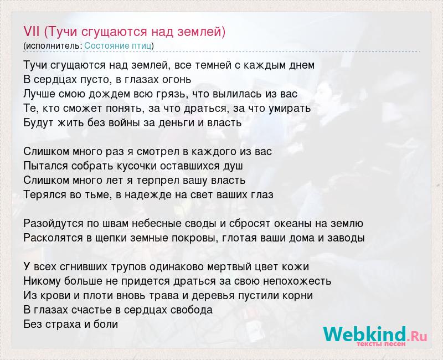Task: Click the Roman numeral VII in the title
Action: click(x=32, y=32)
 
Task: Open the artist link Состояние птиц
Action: click(x=118, y=46)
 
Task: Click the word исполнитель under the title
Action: click(x=53, y=46)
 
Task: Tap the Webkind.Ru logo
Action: click(x=375, y=335)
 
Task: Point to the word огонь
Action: click(x=177, y=80)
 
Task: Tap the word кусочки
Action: click(x=137, y=166)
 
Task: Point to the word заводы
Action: click(x=346, y=238)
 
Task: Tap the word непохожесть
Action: click(x=297, y=281)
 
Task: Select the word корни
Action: click(x=297, y=296)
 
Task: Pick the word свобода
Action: click(x=192, y=310)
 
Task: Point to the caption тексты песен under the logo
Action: click(x=381, y=344)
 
